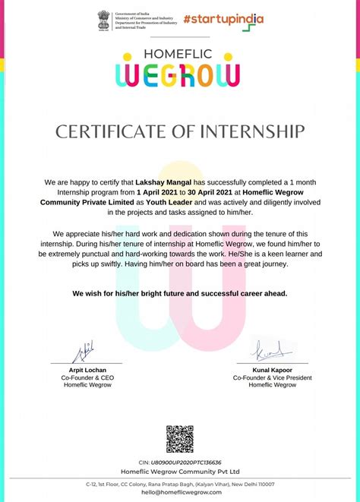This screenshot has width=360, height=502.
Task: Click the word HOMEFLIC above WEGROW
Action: [180, 55]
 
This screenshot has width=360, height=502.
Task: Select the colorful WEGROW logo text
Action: [180, 74]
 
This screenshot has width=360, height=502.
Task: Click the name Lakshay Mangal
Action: [163, 183]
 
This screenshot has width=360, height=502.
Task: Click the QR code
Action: [180, 439]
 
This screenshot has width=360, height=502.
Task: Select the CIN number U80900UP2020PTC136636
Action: [186, 462]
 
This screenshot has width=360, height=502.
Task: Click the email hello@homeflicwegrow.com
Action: [180, 492]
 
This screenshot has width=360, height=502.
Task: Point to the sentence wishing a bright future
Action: [180, 293]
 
